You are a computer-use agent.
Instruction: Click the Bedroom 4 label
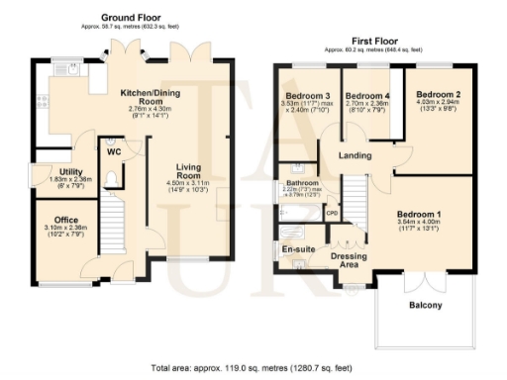[x=365, y=95]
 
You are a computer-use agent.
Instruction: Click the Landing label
[x=354, y=156]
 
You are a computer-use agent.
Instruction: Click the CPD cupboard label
[x=332, y=213]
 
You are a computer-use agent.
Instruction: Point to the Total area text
[x=253, y=367]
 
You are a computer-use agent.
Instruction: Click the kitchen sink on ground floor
[x=72, y=68]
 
